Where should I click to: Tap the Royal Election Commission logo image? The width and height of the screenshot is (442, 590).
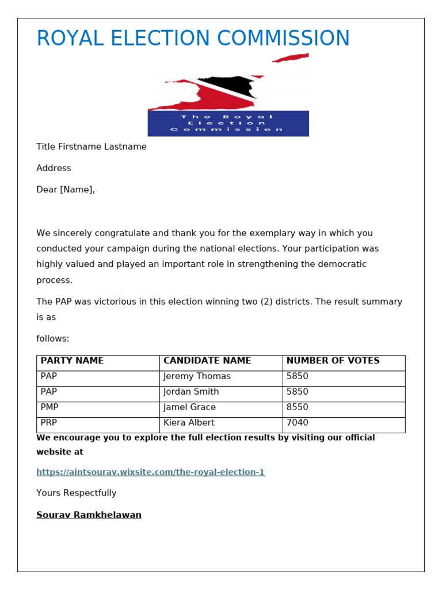228,95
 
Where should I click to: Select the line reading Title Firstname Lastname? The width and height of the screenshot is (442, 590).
92,147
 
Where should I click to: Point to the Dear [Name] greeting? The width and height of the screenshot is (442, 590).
66,190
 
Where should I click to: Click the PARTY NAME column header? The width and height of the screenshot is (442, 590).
72,361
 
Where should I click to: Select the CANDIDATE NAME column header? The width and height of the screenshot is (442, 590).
207,361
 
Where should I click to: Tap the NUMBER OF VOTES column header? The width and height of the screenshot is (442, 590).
333,361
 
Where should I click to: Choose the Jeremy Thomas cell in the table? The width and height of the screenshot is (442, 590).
197,376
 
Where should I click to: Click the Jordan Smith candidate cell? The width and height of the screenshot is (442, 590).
191,392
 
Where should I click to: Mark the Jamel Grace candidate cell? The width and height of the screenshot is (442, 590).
189,407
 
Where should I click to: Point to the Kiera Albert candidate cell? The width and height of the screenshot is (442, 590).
189,423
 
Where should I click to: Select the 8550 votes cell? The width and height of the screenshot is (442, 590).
297,407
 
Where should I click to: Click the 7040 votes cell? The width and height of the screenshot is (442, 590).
297,423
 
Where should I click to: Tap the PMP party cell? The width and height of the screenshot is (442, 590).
49,407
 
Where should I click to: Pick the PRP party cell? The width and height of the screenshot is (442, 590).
49,423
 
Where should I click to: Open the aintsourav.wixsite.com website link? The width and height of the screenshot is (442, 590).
150,472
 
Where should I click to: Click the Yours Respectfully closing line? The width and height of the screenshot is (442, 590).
76,493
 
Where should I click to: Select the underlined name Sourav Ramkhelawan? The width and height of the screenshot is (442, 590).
89,515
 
